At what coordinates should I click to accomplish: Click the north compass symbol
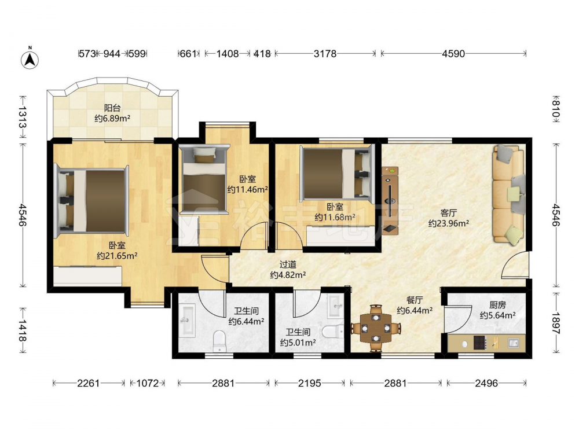click(30, 58)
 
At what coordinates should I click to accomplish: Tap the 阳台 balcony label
click(112, 108)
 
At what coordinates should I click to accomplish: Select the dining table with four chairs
click(376, 328)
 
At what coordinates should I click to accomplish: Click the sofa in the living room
click(509, 194)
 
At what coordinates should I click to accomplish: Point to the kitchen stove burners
click(481, 343)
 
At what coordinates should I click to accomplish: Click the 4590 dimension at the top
click(453, 54)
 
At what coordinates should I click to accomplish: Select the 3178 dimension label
click(325, 54)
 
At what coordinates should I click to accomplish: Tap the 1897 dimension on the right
click(556, 323)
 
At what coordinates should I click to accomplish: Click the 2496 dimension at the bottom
click(486, 383)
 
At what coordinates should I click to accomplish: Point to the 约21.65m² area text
click(117, 255)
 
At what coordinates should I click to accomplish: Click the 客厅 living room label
click(449, 213)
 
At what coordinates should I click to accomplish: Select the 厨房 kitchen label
click(497, 305)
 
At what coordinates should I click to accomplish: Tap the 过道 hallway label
click(288, 264)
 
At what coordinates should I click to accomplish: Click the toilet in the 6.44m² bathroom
click(219, 341)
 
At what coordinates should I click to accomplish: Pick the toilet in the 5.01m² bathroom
click(333, 332)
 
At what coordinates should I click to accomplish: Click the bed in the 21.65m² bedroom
click(91, 201)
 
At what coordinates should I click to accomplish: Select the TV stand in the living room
click(390, 200)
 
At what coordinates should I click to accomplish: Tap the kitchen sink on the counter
click(514, 343)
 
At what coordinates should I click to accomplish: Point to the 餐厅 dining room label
click(415, 300)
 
